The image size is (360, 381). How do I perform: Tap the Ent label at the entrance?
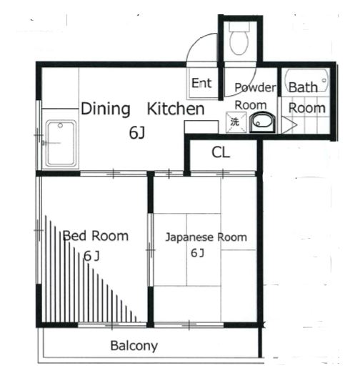click(201, 83)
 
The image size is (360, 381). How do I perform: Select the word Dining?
click(105, 109)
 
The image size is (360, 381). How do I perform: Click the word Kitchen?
click(176, 109)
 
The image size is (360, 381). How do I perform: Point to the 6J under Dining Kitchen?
click(137, 133)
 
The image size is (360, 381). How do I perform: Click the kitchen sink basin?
click(61, 144)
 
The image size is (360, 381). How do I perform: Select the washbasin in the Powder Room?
click(262, 122)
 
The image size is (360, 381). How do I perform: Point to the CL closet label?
click(221, 152)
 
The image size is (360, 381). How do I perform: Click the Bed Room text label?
click(96, 236)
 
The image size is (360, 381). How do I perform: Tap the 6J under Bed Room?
click(91, 256)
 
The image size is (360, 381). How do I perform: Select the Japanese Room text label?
click(206, 237)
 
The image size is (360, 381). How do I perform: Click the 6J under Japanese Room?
click(197, 253)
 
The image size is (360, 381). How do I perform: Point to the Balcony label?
click(134, 346)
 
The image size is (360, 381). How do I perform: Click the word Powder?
click(256, 87)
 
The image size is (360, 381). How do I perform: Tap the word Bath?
click(303, 87)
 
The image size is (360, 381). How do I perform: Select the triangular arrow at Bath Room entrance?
click(289, 125)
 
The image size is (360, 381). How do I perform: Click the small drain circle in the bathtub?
click(324, 80)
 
